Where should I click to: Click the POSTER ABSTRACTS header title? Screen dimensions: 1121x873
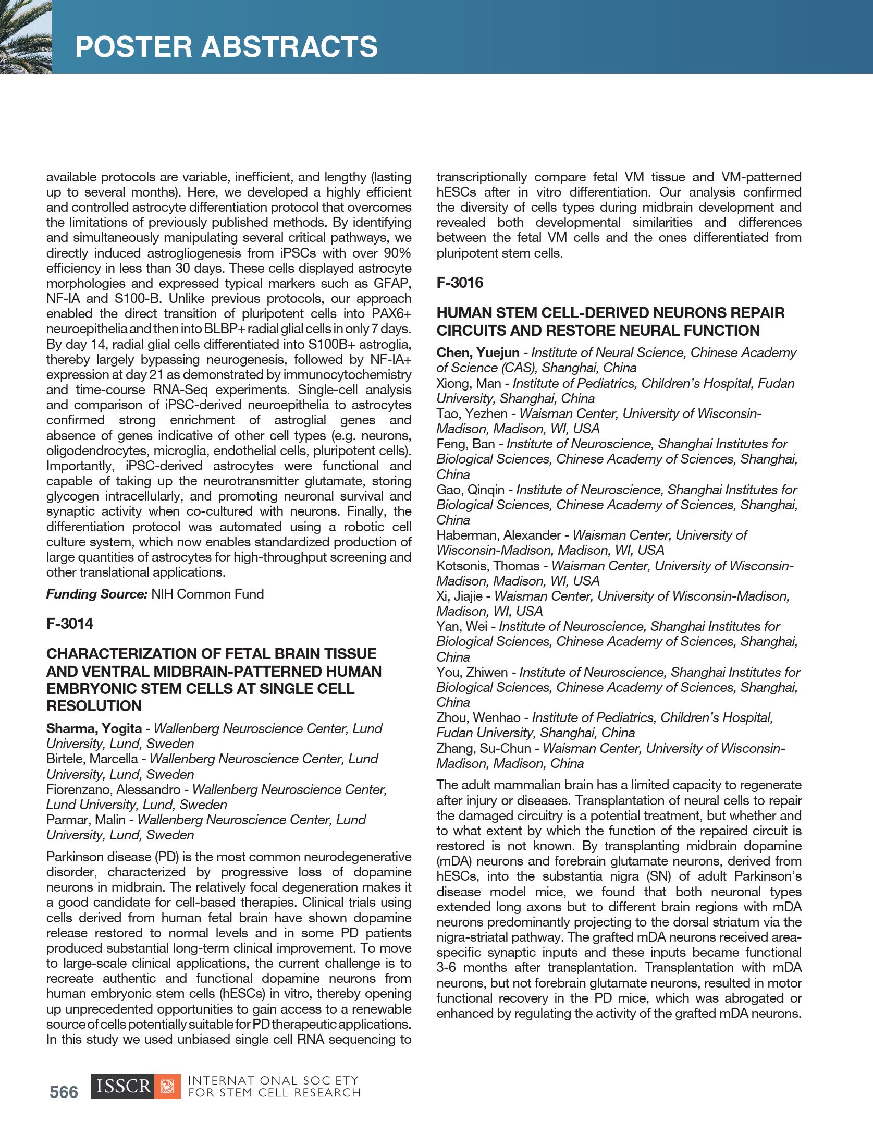coord(226,47)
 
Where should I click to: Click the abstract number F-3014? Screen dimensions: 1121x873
coord(70,624)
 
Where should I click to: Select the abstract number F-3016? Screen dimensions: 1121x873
coord(460,283)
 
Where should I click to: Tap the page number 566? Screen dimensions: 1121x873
coord(64,1092)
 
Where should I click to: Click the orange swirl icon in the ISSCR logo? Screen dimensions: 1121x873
coord(167,1087)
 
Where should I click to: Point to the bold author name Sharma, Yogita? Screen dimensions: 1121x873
coord(94,728)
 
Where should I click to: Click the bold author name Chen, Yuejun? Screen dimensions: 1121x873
coord(478,353)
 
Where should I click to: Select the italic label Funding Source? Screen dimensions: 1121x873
coord(97,594)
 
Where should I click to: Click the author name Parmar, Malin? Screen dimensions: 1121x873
coord(86,820)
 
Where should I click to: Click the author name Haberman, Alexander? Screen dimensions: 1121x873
coord(498,535)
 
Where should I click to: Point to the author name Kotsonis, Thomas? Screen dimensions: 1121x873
coord(488,566)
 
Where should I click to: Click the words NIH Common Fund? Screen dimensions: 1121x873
coord(207,594)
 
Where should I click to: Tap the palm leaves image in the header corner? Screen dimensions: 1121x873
coord(25,36)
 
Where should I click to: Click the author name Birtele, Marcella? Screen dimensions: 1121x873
coord(92,759)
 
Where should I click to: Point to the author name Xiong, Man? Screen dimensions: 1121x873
coord(469,384)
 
